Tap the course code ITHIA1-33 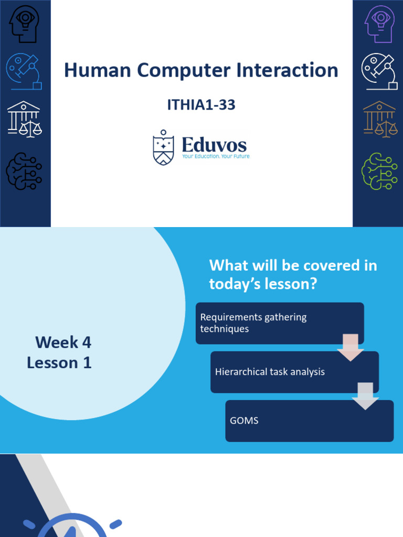point(201,105)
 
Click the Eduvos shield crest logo point(163,148)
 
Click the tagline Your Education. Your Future point(216,156)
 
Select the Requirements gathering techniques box point(279,323)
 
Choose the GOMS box point(309,421)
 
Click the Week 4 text point(63,343)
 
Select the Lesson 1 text point(59,363)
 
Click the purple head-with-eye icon point(379,24)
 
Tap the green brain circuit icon point(379,170)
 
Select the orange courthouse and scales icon point(379,120)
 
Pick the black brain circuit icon point(24,170)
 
